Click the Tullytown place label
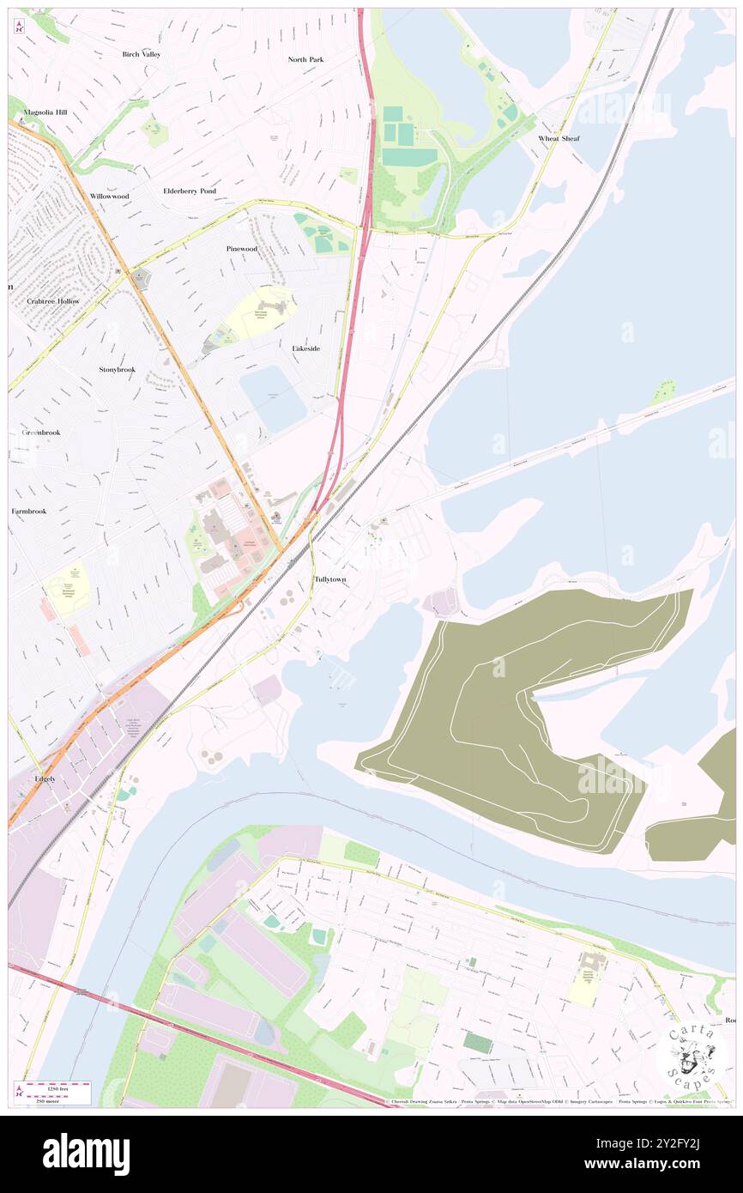tap(330, 580)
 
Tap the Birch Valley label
tap(141, 54)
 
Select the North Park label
tap(305, 59)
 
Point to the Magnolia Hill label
tap(45, 112)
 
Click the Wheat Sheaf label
tap(559, 138)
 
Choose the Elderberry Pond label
tap(190, 191)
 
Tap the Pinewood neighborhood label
tap(241, 249)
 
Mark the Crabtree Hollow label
tap(53, 301)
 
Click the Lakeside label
tap(306, 348)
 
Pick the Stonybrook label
tap(117, 369)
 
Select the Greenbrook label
tap(41, 433)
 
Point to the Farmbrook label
tap(28, 511)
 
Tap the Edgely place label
tap(45, 779)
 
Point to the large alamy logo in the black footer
tap(86, 1154)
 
